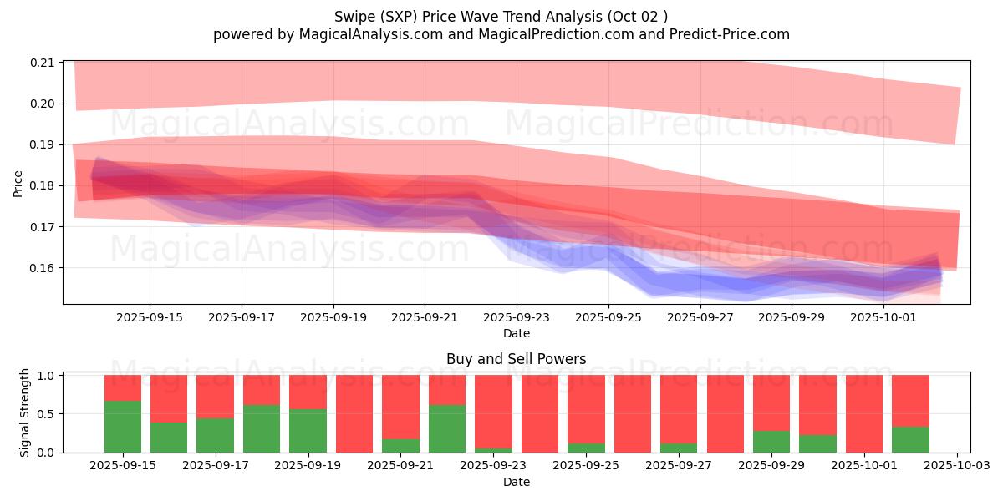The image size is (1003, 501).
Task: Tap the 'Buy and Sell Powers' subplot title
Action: click(x=516, y=359)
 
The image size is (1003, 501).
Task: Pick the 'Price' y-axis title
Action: click(x=18, y=182)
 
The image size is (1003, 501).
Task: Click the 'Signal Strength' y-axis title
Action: click(x=25, y=412)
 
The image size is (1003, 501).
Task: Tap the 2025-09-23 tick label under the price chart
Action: click(x=517, y=317)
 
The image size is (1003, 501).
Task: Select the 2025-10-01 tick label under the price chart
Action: click(x=884, y=317)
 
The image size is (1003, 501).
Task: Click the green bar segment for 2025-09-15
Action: click(x=123, y=427)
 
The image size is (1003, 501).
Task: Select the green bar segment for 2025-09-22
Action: click(x=447, y=428)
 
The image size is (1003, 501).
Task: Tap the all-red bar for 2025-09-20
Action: click(x=354, y=414)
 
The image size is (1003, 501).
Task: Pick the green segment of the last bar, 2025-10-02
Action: click(x=910, y=440)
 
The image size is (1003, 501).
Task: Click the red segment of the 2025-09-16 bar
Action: click(x=169, y=398)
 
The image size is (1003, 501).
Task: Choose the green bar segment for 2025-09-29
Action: click(x=771, y=442)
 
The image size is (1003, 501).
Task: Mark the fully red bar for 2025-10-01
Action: click(x=864, y=414)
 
